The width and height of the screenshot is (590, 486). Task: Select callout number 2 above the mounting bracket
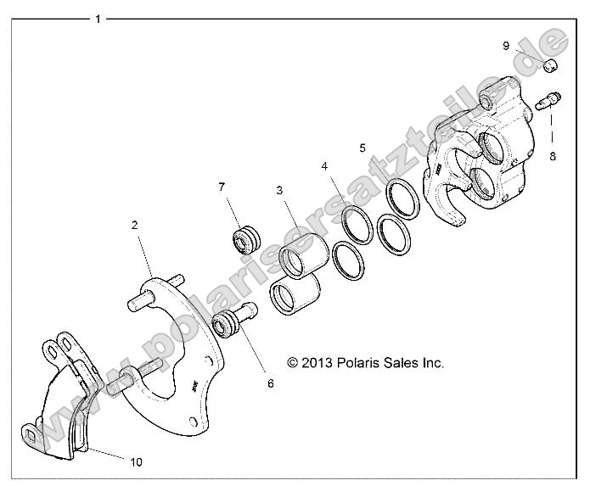pos(134,226)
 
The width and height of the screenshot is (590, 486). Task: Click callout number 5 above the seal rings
pos(362,148)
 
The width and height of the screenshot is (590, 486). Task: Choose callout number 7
pos(222,187)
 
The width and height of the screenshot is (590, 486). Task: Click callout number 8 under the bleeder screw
pos(552,156)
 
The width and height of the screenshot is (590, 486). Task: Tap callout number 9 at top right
pos(505,46)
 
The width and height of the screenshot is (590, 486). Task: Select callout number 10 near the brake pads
pos(137,461)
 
